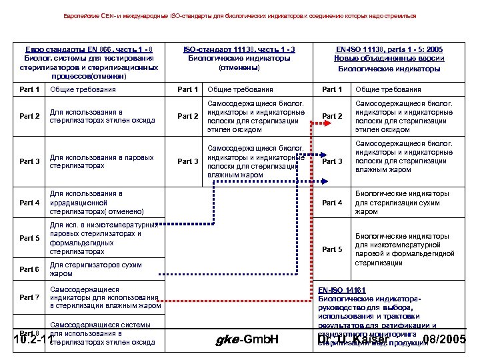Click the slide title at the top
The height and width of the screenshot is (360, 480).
click(x=240, y=15)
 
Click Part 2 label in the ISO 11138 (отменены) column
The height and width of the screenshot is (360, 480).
click(x=188, y=117)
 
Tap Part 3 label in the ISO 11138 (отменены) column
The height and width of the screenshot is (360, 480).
click(x=188, y=161)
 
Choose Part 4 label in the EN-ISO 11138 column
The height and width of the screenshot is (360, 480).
click(x=332, y=203)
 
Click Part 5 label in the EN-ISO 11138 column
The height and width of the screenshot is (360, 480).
click(x=332, y=249)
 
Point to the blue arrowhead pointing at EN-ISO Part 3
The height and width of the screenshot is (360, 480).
click(x=324, y=180)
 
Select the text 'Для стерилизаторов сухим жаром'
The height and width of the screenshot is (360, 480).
click(x=96, y=269)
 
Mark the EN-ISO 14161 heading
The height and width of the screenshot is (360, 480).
click(x=340, y=291)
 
